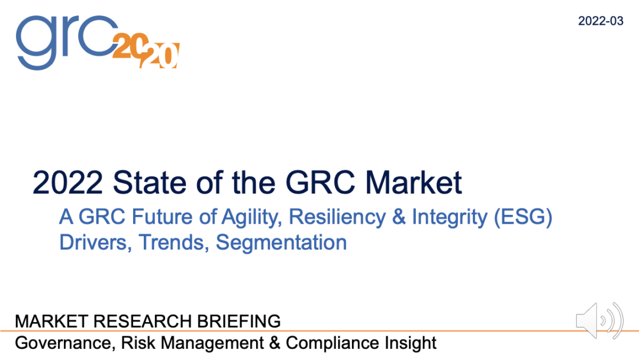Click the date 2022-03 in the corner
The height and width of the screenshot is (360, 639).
(601, 21)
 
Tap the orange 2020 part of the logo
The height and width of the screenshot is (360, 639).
(146, 51)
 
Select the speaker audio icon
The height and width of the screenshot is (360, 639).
(599, 321)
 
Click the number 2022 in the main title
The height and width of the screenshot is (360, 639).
(66, 182)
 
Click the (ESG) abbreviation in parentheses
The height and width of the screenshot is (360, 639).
(523, 217)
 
